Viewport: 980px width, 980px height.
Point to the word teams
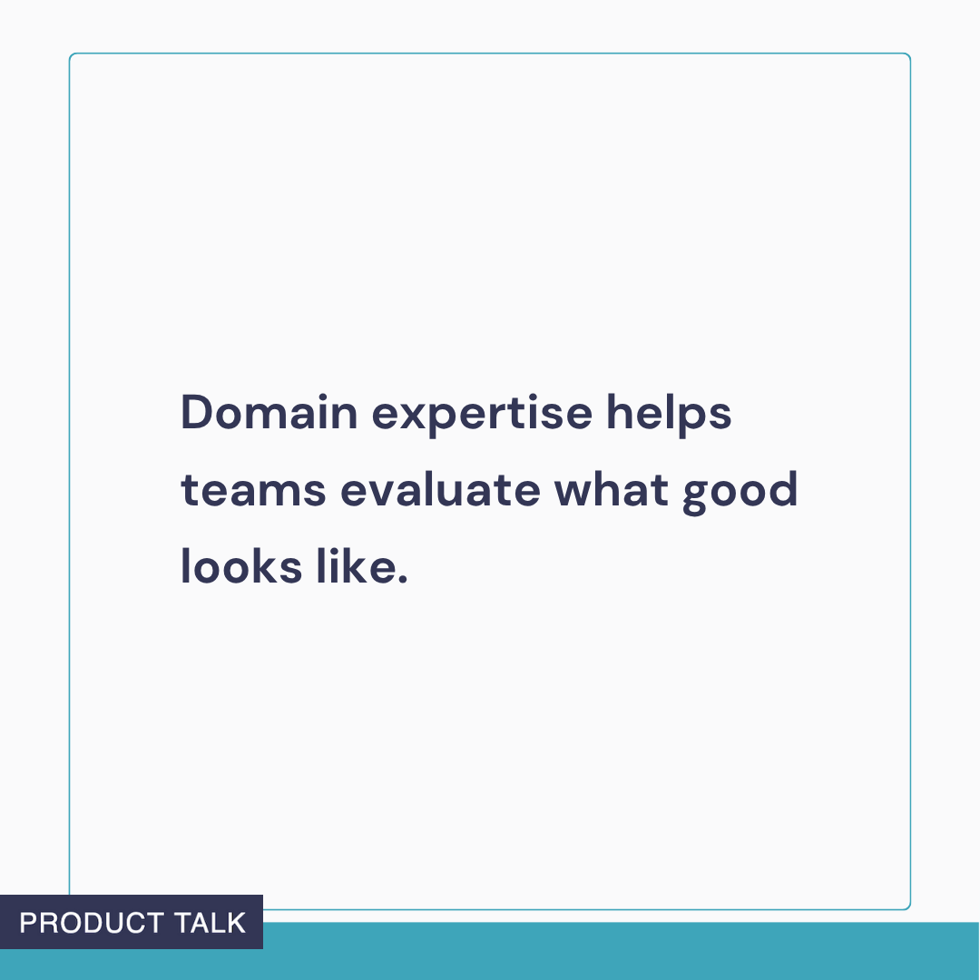coord(253,491)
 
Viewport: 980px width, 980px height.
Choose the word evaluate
coord(440,491)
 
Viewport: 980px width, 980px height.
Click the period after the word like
coord(403,579)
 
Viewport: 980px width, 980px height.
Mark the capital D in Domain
coord(196,414)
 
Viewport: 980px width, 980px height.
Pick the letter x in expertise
coord(407,417)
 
